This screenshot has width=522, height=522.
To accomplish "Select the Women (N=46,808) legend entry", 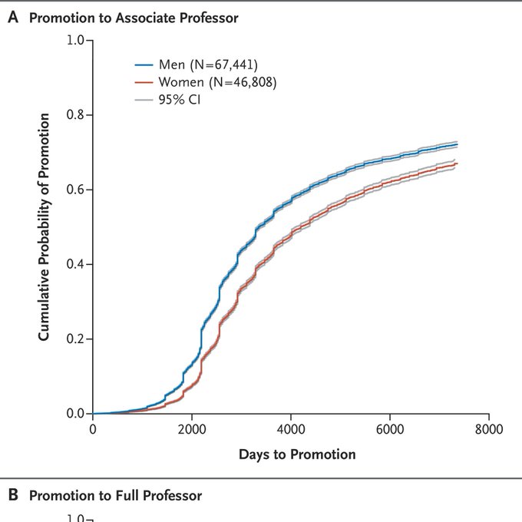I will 216,82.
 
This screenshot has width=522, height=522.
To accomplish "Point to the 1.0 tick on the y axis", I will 75,40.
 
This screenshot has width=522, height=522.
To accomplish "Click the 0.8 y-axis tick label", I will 75,115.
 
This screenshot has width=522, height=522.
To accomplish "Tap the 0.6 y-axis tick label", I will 75,190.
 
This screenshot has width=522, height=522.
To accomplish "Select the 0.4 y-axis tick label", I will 75,264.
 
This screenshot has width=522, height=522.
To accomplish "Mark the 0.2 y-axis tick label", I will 75,339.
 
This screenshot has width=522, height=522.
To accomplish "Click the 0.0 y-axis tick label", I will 75,414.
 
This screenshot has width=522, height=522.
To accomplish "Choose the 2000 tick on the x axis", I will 192,428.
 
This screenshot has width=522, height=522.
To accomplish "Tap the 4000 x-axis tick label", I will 290,428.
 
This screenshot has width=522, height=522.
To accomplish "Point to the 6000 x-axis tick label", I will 389,428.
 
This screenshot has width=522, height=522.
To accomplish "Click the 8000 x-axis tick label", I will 488,428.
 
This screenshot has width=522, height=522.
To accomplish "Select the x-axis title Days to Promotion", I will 297,454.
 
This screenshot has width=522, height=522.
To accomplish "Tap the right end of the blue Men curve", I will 457,144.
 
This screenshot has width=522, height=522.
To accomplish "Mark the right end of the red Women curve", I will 457,164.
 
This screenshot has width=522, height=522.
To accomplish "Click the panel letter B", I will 12,496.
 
